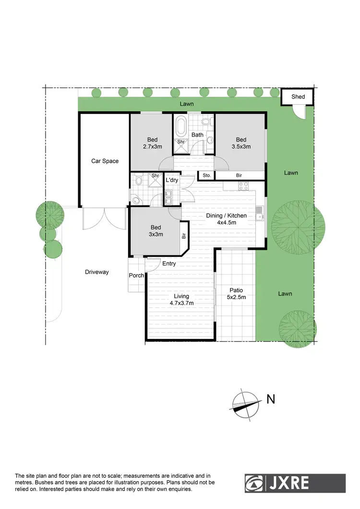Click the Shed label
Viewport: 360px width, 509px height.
(x=298, y=97)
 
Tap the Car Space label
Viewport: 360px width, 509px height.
(x=105, y=161)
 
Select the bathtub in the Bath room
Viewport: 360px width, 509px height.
(x=181, y=127)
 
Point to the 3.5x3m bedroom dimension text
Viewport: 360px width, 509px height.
(x=241, y=146)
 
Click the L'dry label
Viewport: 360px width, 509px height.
(x=172, y=180)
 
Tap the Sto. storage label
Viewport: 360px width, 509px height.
(x=207, y=176)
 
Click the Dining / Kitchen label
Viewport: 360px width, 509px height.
(x=226, y=216)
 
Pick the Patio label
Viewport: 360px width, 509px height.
(x=236, y=290)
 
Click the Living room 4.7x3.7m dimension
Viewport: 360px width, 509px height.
(x=181, y=303)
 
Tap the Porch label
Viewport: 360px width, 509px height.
(x=136, y=276)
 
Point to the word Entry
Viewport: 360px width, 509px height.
(x=169, y=264)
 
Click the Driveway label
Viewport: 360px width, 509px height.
(x=97, y=272)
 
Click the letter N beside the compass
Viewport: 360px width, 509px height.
(x=271, y=399)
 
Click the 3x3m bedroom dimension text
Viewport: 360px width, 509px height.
(x=156, y=234)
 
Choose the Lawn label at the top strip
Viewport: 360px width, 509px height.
(x=187, y=104)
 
